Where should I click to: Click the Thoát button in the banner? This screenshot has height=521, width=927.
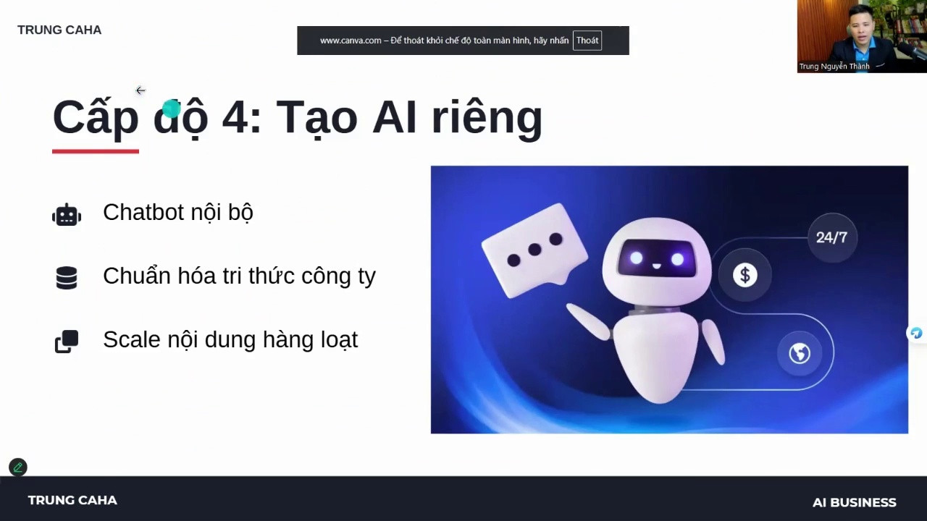point(587,41)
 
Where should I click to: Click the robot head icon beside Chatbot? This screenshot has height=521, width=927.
point(67,215)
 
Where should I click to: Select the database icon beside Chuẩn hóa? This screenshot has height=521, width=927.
point(67,278)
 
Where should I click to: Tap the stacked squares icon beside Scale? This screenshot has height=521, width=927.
point(67,342)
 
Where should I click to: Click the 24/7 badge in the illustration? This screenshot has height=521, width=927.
point(832,237)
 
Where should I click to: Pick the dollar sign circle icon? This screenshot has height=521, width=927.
point(745,275)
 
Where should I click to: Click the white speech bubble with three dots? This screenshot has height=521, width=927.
point(534,250)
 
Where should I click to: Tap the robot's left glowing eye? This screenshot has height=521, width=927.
point(637,259)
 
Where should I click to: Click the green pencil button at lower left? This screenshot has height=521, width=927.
point(18,467)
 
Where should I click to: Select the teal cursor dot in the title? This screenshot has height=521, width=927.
point(172,109)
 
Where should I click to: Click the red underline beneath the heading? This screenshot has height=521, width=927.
point(96,151)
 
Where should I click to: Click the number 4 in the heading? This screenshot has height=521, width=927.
point(235,117)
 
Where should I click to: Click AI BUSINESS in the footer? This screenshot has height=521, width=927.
point(854,502)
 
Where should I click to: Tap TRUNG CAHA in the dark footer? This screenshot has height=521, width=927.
point(72,500)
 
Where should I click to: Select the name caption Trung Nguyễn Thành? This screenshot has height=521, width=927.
point(834,66)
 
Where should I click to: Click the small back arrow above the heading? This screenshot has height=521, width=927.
point(140,90)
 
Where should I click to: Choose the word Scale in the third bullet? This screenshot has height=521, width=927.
point(132,339)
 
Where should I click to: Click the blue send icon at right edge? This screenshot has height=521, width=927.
point(917,333)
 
